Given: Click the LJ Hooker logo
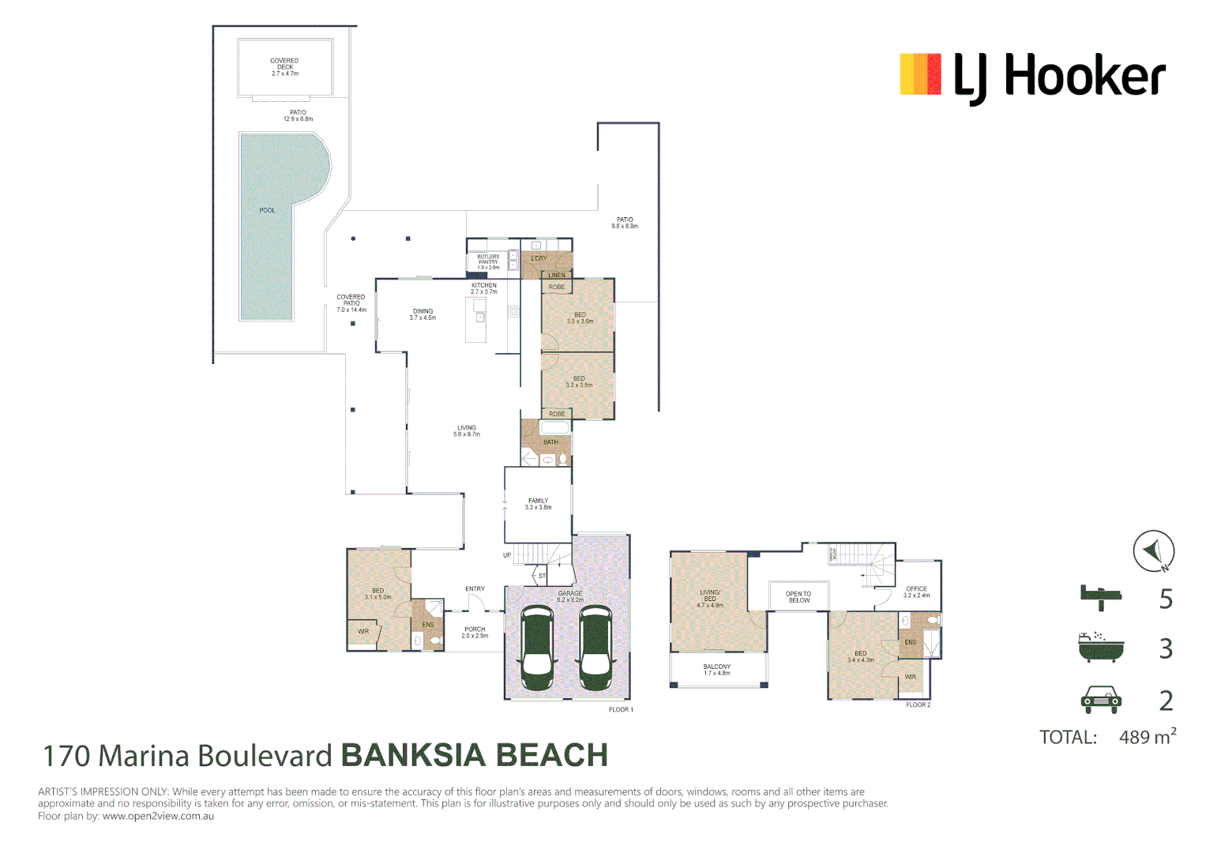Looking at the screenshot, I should (1032, 77).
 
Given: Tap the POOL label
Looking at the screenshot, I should (267, 210).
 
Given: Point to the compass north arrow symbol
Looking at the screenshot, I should (1153, 551).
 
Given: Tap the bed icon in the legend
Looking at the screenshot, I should (1100, 597).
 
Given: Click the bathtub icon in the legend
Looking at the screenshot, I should (1100, 647).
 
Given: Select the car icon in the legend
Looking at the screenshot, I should (1100, 699).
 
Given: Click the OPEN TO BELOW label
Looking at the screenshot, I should (798, 597).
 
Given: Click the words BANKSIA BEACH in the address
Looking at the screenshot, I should (474, 756).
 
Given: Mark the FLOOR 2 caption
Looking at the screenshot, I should (918, 705).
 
